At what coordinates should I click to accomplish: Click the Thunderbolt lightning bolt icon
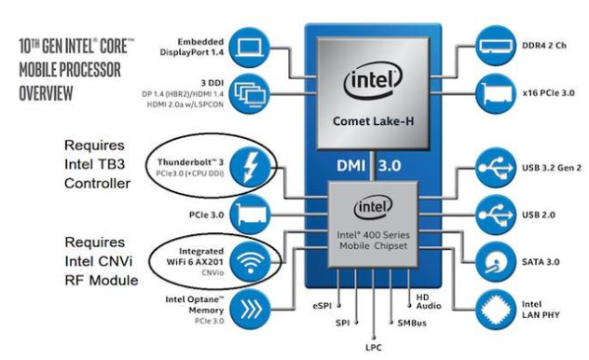point(250,167)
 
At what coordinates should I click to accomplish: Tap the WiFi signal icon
point(250,261)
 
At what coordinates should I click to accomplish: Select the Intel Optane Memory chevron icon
point(250,309)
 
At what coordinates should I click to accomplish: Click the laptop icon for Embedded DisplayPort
point(250,48)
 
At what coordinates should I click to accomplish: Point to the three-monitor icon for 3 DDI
point(250,93)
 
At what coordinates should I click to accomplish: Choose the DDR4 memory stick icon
point(496,46)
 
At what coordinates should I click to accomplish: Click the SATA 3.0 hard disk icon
point(496,262)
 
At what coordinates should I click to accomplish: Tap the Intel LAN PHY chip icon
point(496,310)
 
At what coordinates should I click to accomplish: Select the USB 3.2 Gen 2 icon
point(496,168)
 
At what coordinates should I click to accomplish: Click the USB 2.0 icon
point(496,215)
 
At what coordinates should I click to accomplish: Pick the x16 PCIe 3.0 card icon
point(496,93)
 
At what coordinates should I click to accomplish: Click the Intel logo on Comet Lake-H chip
point(373,81)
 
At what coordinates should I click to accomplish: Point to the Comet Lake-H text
point(373,121)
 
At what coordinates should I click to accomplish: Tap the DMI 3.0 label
point(368,165)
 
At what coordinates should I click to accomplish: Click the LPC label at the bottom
point(374,348)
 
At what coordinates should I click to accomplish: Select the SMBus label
point(412,323)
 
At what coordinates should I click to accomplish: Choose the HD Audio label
point(428,302)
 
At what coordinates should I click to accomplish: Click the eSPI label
point(322,306)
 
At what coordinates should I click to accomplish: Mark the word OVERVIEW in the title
point(46,93)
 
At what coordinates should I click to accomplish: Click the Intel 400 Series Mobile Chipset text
point(373,241)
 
